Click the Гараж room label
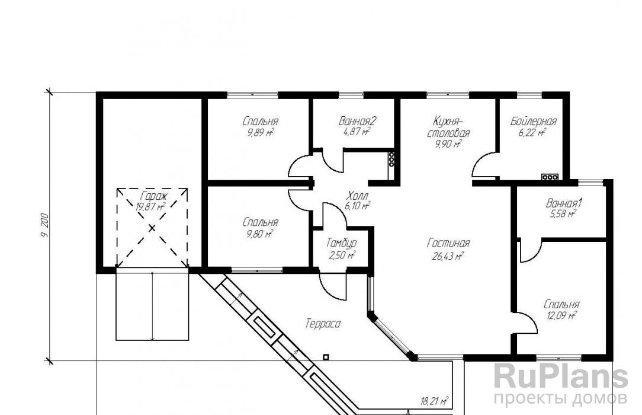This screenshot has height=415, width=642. click(152, 196)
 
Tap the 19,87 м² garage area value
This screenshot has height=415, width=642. click(150, 206)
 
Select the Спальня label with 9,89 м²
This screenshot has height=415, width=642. click(261, 122)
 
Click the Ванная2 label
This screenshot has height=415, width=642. click(357, 121)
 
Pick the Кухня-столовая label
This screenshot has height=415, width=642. click(448, 127)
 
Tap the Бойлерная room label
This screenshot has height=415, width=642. click(534, 122)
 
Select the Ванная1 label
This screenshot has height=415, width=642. click(564, 203)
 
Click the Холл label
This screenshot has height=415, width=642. click(358, 195)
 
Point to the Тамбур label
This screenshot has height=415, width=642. click(342, 243)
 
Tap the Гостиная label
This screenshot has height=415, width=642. click(448, 243)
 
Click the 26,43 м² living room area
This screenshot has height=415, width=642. click(448, 257)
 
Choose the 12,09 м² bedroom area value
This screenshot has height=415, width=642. click(561, 315)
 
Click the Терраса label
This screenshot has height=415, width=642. click(323, 324)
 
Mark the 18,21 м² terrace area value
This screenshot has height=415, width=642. click(434, 401)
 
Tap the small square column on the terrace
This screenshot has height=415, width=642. click(326, 357)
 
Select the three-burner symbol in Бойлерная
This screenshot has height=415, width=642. click(550, 177)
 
